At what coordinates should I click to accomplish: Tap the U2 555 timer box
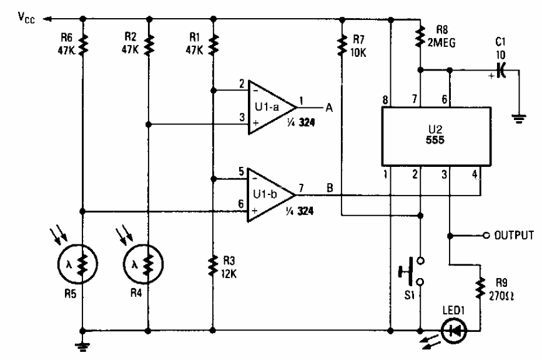pyautogui.click(x=431, y=134)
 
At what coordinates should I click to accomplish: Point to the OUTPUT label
pyautogui.click(x=513, y=236)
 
